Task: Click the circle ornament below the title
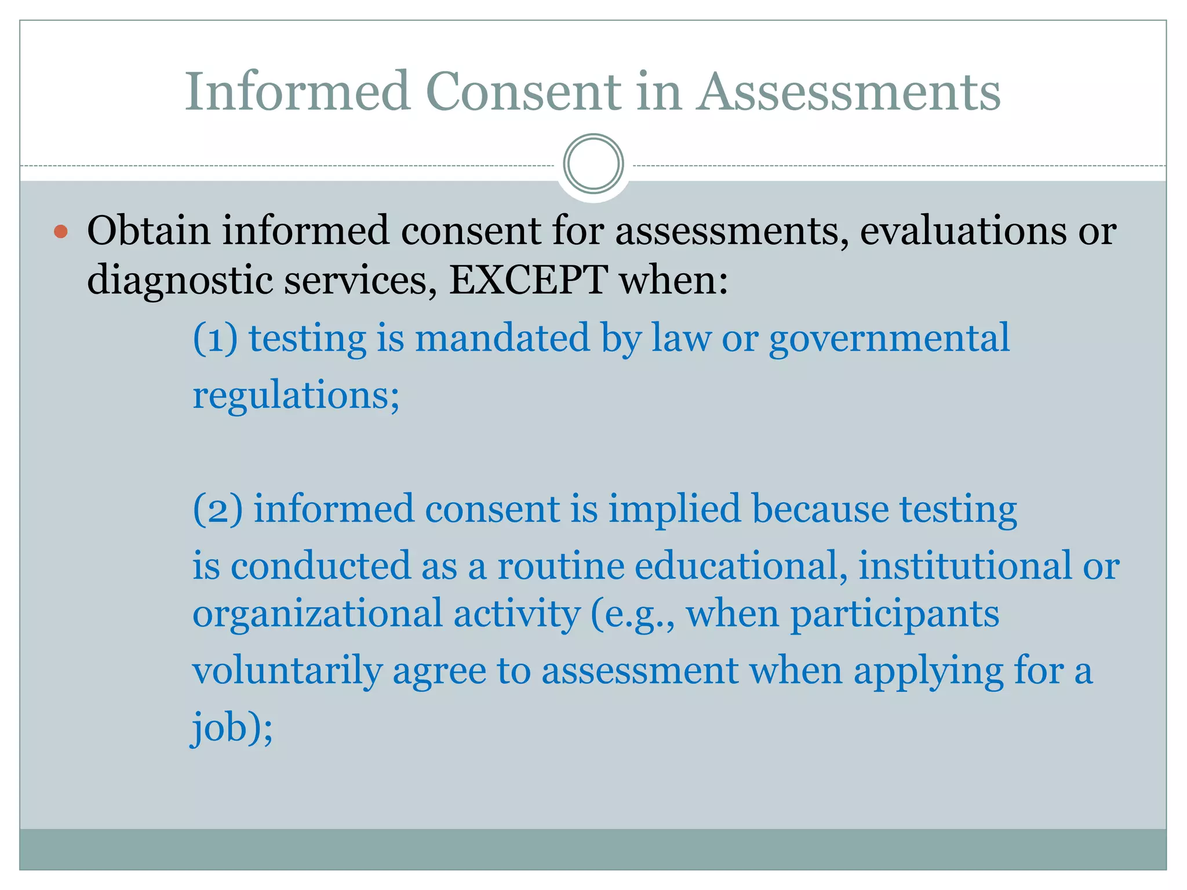tap(593, 164)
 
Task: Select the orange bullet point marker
tap(61, 232)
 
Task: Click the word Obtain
tap(148, 231)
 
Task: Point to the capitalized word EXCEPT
tap(529, 280)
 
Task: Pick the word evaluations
tap(963, 231)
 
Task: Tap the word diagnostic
tap(180, 281)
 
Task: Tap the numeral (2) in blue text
tap(217, 509)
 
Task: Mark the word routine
tap(560, 566)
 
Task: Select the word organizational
tap(317, 614)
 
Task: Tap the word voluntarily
tap(287, 671)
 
